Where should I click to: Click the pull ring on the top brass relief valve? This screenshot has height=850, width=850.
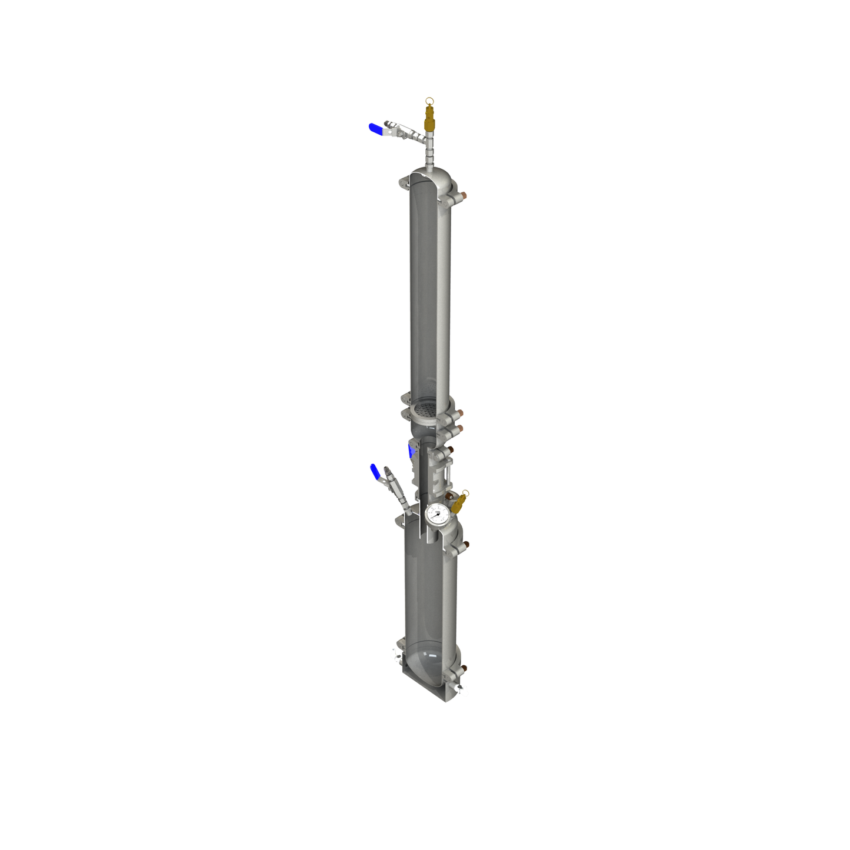pos(429,100)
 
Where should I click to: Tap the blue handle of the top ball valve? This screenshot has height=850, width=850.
pos(375,128)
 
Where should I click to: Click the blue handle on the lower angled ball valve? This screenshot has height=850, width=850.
pos(375,471)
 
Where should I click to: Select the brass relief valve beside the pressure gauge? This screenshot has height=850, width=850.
pos(459,503)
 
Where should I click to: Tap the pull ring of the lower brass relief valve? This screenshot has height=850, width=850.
pos(466,492)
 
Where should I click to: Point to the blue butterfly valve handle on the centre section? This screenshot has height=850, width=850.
pos(411,452)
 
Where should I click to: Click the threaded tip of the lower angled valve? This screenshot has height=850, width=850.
pos(386,471)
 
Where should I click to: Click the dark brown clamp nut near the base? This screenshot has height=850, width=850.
pos(464,669)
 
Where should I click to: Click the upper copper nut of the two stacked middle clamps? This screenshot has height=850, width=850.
pos(459,413)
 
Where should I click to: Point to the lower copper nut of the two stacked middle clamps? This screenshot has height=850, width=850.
pos(459,428)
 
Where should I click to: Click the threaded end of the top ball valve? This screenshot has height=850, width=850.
pos(386,124)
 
